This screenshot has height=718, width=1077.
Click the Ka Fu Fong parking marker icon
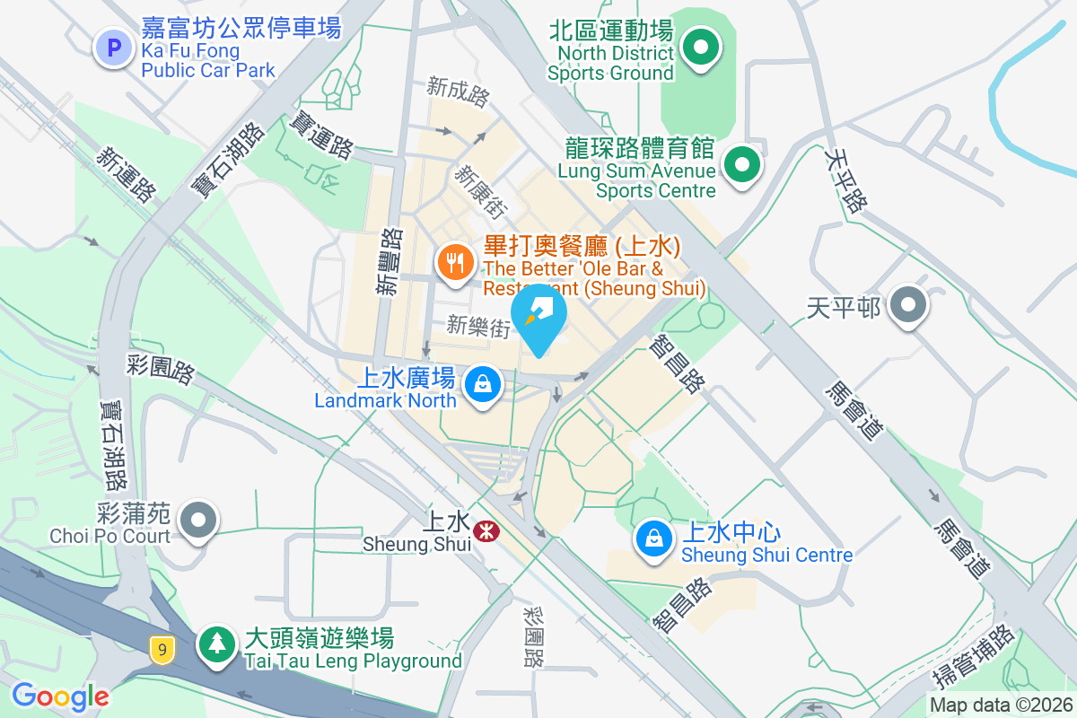113,48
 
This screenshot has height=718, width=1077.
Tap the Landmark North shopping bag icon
484,385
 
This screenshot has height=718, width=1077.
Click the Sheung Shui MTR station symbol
487,531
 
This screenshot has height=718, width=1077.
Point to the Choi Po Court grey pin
198,521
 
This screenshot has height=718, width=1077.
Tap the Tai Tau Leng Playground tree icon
216,643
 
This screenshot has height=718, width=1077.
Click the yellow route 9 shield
162,648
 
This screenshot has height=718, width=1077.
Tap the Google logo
60,696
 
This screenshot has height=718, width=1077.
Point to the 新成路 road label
458,87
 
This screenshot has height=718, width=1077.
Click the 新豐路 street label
389,261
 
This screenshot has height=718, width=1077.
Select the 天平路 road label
845,180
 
